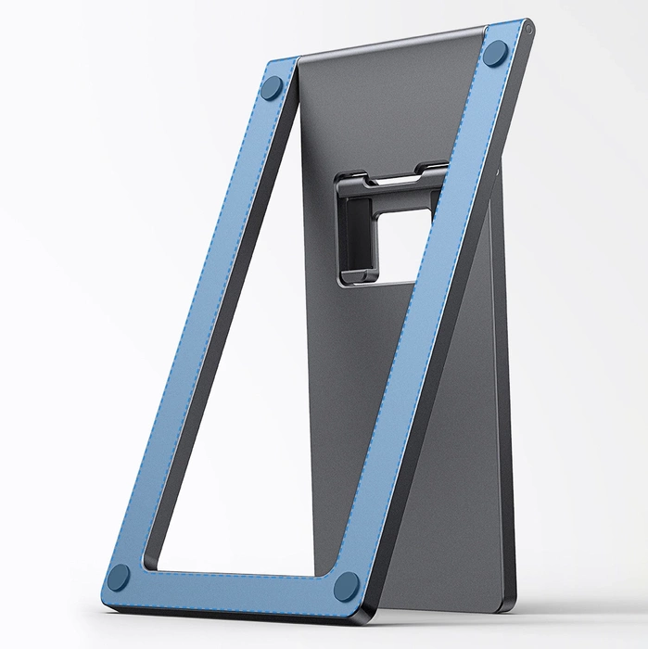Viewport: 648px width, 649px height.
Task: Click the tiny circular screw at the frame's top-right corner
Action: [x=527, y=30]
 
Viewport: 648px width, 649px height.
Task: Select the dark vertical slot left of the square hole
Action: [x=348, y=227]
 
